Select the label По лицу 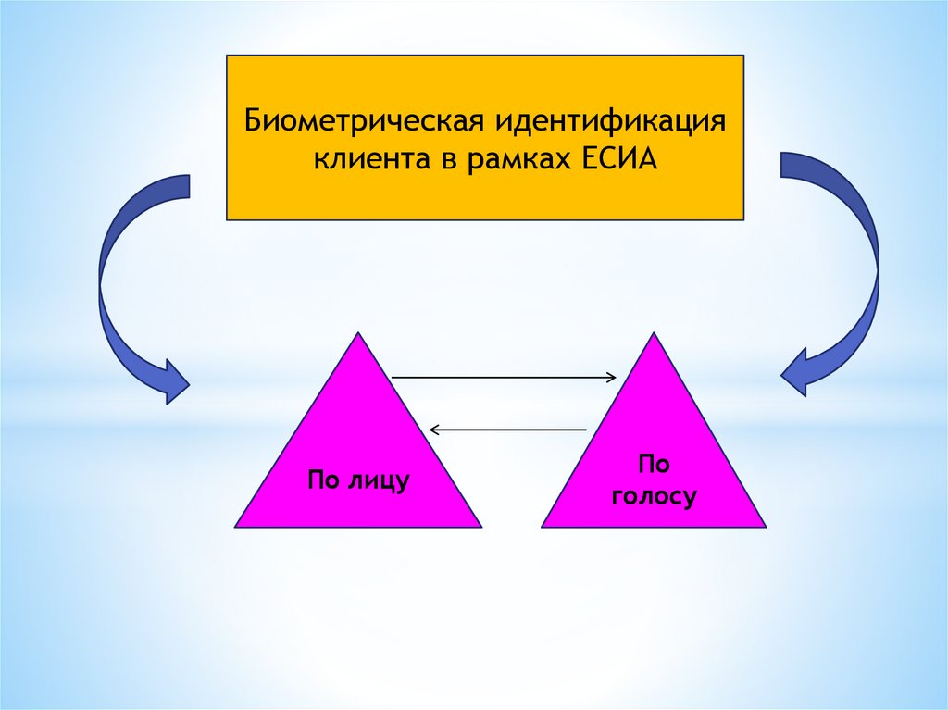coord(358,480)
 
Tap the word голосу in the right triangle coord(654,498)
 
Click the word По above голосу coord(654,464)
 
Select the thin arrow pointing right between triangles coord(505,377)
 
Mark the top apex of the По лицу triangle coord(357,334)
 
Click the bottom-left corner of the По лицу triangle coord(237,526)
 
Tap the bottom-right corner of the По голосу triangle coord(765,526)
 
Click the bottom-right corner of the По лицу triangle coord(480,526)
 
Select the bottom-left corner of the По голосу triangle coord(543,526)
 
